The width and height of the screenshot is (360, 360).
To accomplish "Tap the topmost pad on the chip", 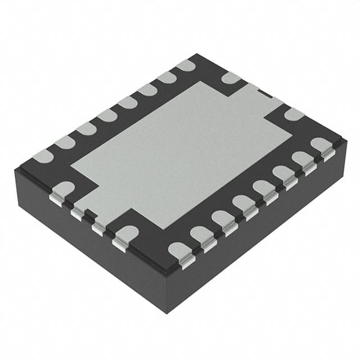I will click(186, 66).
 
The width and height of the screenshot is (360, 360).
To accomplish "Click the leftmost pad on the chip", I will click(43, 156).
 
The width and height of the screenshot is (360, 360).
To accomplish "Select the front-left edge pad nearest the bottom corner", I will click(126, 233).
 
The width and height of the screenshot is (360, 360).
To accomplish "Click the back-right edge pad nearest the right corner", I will click(294, 114).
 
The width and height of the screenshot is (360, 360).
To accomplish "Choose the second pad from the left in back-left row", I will click(64, 142).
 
